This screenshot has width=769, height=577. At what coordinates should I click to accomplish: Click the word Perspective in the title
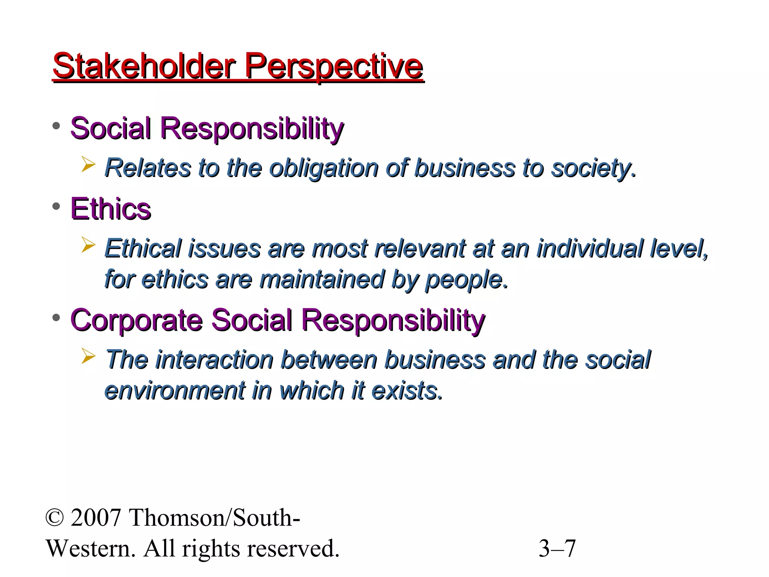coord(334,67)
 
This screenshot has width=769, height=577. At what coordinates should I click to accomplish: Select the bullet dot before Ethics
coord(56,206)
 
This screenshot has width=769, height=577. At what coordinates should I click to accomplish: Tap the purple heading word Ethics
coord(111,208)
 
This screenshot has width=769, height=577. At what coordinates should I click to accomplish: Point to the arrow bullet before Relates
coord(88,165)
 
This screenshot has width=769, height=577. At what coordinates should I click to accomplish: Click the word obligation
coord(324,168)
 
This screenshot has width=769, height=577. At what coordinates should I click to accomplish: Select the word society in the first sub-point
coord(592,168)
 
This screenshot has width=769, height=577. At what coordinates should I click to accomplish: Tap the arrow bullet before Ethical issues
coord(88,246)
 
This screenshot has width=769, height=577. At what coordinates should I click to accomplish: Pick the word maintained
coord(322,279)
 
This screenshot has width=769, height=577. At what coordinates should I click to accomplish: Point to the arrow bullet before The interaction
coord(88,356)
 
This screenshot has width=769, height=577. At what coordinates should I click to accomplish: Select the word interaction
coord(214,359)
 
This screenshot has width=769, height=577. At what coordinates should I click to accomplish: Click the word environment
coord(175,390)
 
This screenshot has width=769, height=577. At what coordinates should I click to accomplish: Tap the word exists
coord(406,390)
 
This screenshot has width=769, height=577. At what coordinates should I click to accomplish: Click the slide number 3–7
coord(557,548)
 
